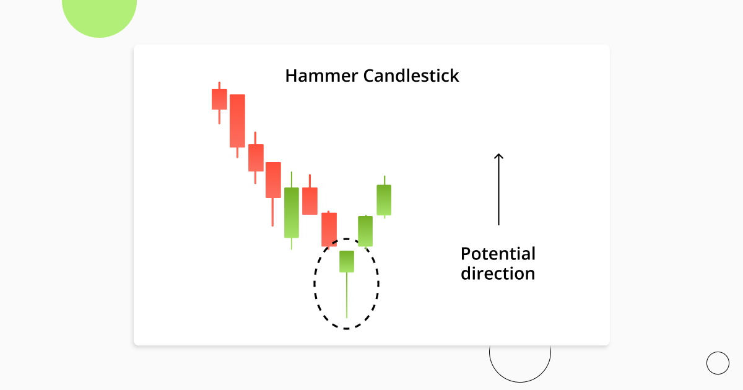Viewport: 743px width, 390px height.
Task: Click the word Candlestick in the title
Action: coord(411,76)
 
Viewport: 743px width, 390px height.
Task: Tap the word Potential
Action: coord(498,254)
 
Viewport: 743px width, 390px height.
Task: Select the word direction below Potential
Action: coord(498,273)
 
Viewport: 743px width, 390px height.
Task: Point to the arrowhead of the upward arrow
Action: coord(498,156)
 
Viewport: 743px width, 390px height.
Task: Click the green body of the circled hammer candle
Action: coord(347,261)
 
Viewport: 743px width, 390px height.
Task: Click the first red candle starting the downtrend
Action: coord(219,99)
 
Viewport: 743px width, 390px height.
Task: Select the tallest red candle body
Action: coord(237,121)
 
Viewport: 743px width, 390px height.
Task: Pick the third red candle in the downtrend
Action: coord(256,158)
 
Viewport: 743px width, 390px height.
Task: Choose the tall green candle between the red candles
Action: coord(292,212)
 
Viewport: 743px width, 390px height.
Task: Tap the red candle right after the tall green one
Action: coord(310,201)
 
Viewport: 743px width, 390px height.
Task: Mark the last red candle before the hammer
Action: coord(329,230)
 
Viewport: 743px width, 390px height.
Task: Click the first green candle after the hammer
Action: coord(365,231)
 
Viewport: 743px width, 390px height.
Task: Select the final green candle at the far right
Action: coord(384,200)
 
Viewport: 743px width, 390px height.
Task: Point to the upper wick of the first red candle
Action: coord(219,85)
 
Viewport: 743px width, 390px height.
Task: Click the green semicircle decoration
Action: coord(100,15)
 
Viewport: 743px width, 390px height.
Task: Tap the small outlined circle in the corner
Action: coord(718,363)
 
